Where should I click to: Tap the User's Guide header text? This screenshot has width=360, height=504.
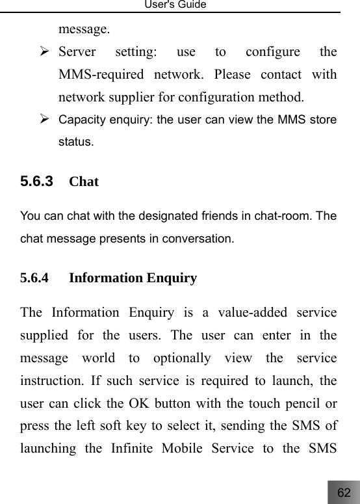pos(180,5)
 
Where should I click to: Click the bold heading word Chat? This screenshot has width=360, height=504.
pos(84,181)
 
